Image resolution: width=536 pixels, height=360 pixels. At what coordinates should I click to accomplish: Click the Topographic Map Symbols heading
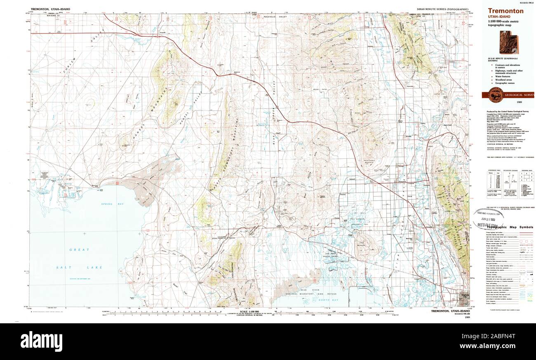pyautogui.click(x=510, y=227)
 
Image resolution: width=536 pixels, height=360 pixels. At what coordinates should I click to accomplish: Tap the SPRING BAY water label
pyautogui.click(x=108, y=204)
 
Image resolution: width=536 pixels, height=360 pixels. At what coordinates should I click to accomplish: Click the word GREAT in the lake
pyautogui.click(x=76, y=249)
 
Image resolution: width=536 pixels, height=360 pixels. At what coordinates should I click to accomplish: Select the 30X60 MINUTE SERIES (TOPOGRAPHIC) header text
pyautogui.click(x=442, y=9)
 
